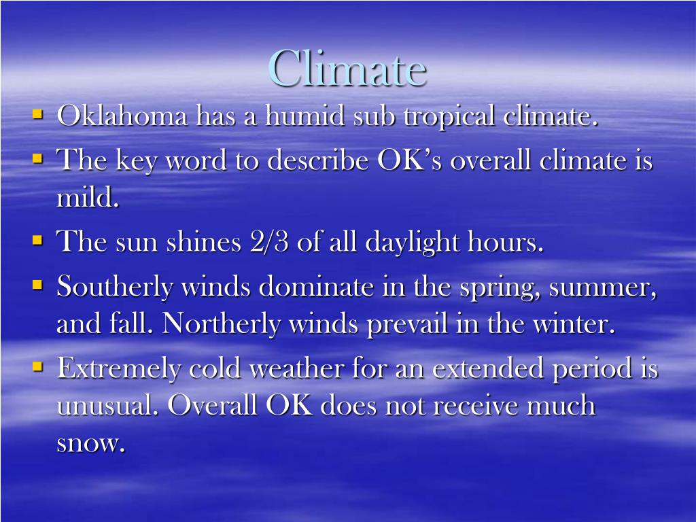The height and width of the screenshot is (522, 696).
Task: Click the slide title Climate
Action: coord(347,68)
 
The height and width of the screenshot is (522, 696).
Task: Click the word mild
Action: coord(87,198)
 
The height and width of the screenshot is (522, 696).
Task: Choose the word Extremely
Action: coord(119,369)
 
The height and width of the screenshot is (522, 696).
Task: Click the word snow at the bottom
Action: coord(90,443)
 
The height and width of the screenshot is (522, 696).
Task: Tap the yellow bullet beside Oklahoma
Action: coord(38,114)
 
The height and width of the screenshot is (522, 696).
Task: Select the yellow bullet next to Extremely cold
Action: coord(38,366)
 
